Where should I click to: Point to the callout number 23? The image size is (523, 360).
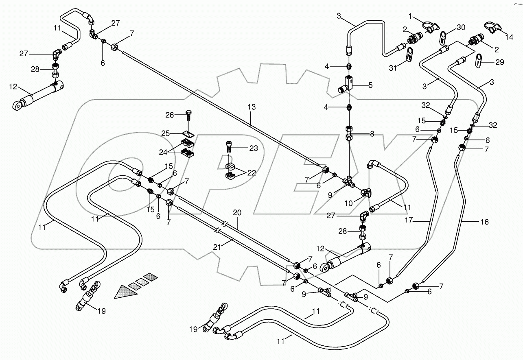(x=253, y=149)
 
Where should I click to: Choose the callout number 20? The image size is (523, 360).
(x=237, y=212)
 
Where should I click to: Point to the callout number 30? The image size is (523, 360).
(x=460, y=27)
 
